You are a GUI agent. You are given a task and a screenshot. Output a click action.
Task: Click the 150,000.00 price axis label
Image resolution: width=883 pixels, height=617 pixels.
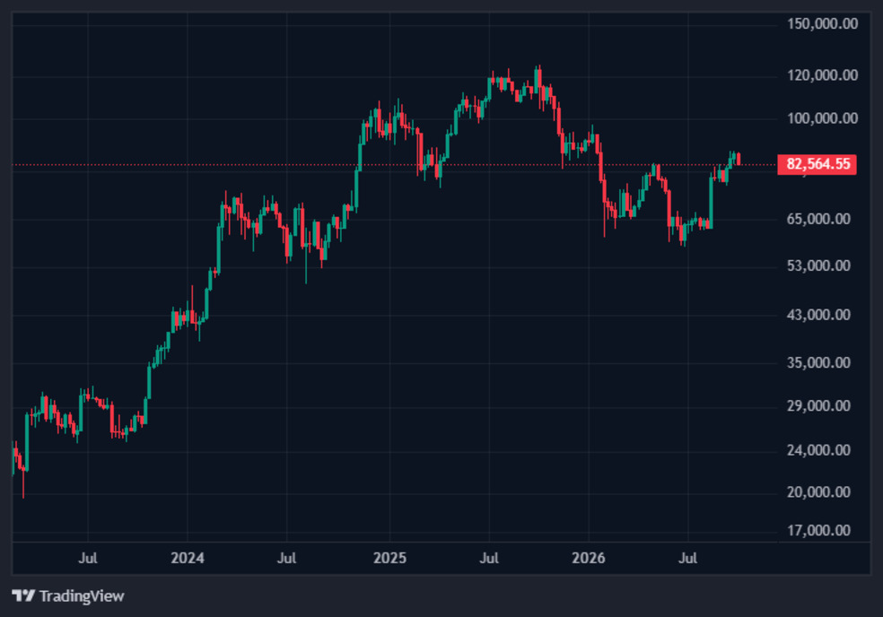point(822,23)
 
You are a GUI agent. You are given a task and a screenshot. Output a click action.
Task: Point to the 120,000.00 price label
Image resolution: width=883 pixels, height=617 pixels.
point(822,74)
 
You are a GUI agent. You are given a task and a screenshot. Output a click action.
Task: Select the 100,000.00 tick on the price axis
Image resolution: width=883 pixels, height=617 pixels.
point(822,118)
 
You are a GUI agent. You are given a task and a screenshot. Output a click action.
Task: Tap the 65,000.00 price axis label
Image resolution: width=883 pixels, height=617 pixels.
point(818,219)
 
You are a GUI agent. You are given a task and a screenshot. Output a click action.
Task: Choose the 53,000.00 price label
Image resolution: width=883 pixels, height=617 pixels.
point(818,265)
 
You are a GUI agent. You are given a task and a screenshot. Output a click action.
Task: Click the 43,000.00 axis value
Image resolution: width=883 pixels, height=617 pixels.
point(818,315)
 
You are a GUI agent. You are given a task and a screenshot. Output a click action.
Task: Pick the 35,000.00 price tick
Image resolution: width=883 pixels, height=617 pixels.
point(818,362)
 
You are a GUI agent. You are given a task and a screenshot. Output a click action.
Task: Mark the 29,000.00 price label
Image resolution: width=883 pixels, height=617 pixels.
point(818,406)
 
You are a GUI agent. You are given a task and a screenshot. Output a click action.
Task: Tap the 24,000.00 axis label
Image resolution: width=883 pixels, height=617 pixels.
point(818,450)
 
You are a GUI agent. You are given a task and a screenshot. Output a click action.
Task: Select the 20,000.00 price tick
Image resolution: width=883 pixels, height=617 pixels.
point(818,492)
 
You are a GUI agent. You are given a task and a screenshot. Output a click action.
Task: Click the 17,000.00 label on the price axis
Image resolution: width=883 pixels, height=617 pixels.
point(818,530)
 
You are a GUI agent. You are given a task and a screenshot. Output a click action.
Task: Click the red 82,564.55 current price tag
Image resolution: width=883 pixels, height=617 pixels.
point(817,164)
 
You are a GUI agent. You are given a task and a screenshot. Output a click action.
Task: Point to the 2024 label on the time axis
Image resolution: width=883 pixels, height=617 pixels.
point(188,558)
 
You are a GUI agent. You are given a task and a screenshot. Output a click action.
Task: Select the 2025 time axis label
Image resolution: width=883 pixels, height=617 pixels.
point(389,558)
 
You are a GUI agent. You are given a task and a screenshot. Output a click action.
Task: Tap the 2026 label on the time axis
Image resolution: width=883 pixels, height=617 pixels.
point(589,558)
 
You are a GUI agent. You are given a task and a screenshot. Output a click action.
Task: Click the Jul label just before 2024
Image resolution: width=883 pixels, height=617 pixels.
point(88,558)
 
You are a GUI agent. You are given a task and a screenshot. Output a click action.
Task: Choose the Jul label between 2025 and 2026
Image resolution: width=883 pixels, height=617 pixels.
point(489,558)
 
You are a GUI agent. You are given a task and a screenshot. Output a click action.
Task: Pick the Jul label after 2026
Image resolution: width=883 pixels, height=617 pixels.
point(687,558)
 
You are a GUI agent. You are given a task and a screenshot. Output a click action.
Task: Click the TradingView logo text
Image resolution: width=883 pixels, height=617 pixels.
point(82,596)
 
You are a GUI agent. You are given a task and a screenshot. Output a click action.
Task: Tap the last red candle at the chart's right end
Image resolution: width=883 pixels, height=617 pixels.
point(739,159)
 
